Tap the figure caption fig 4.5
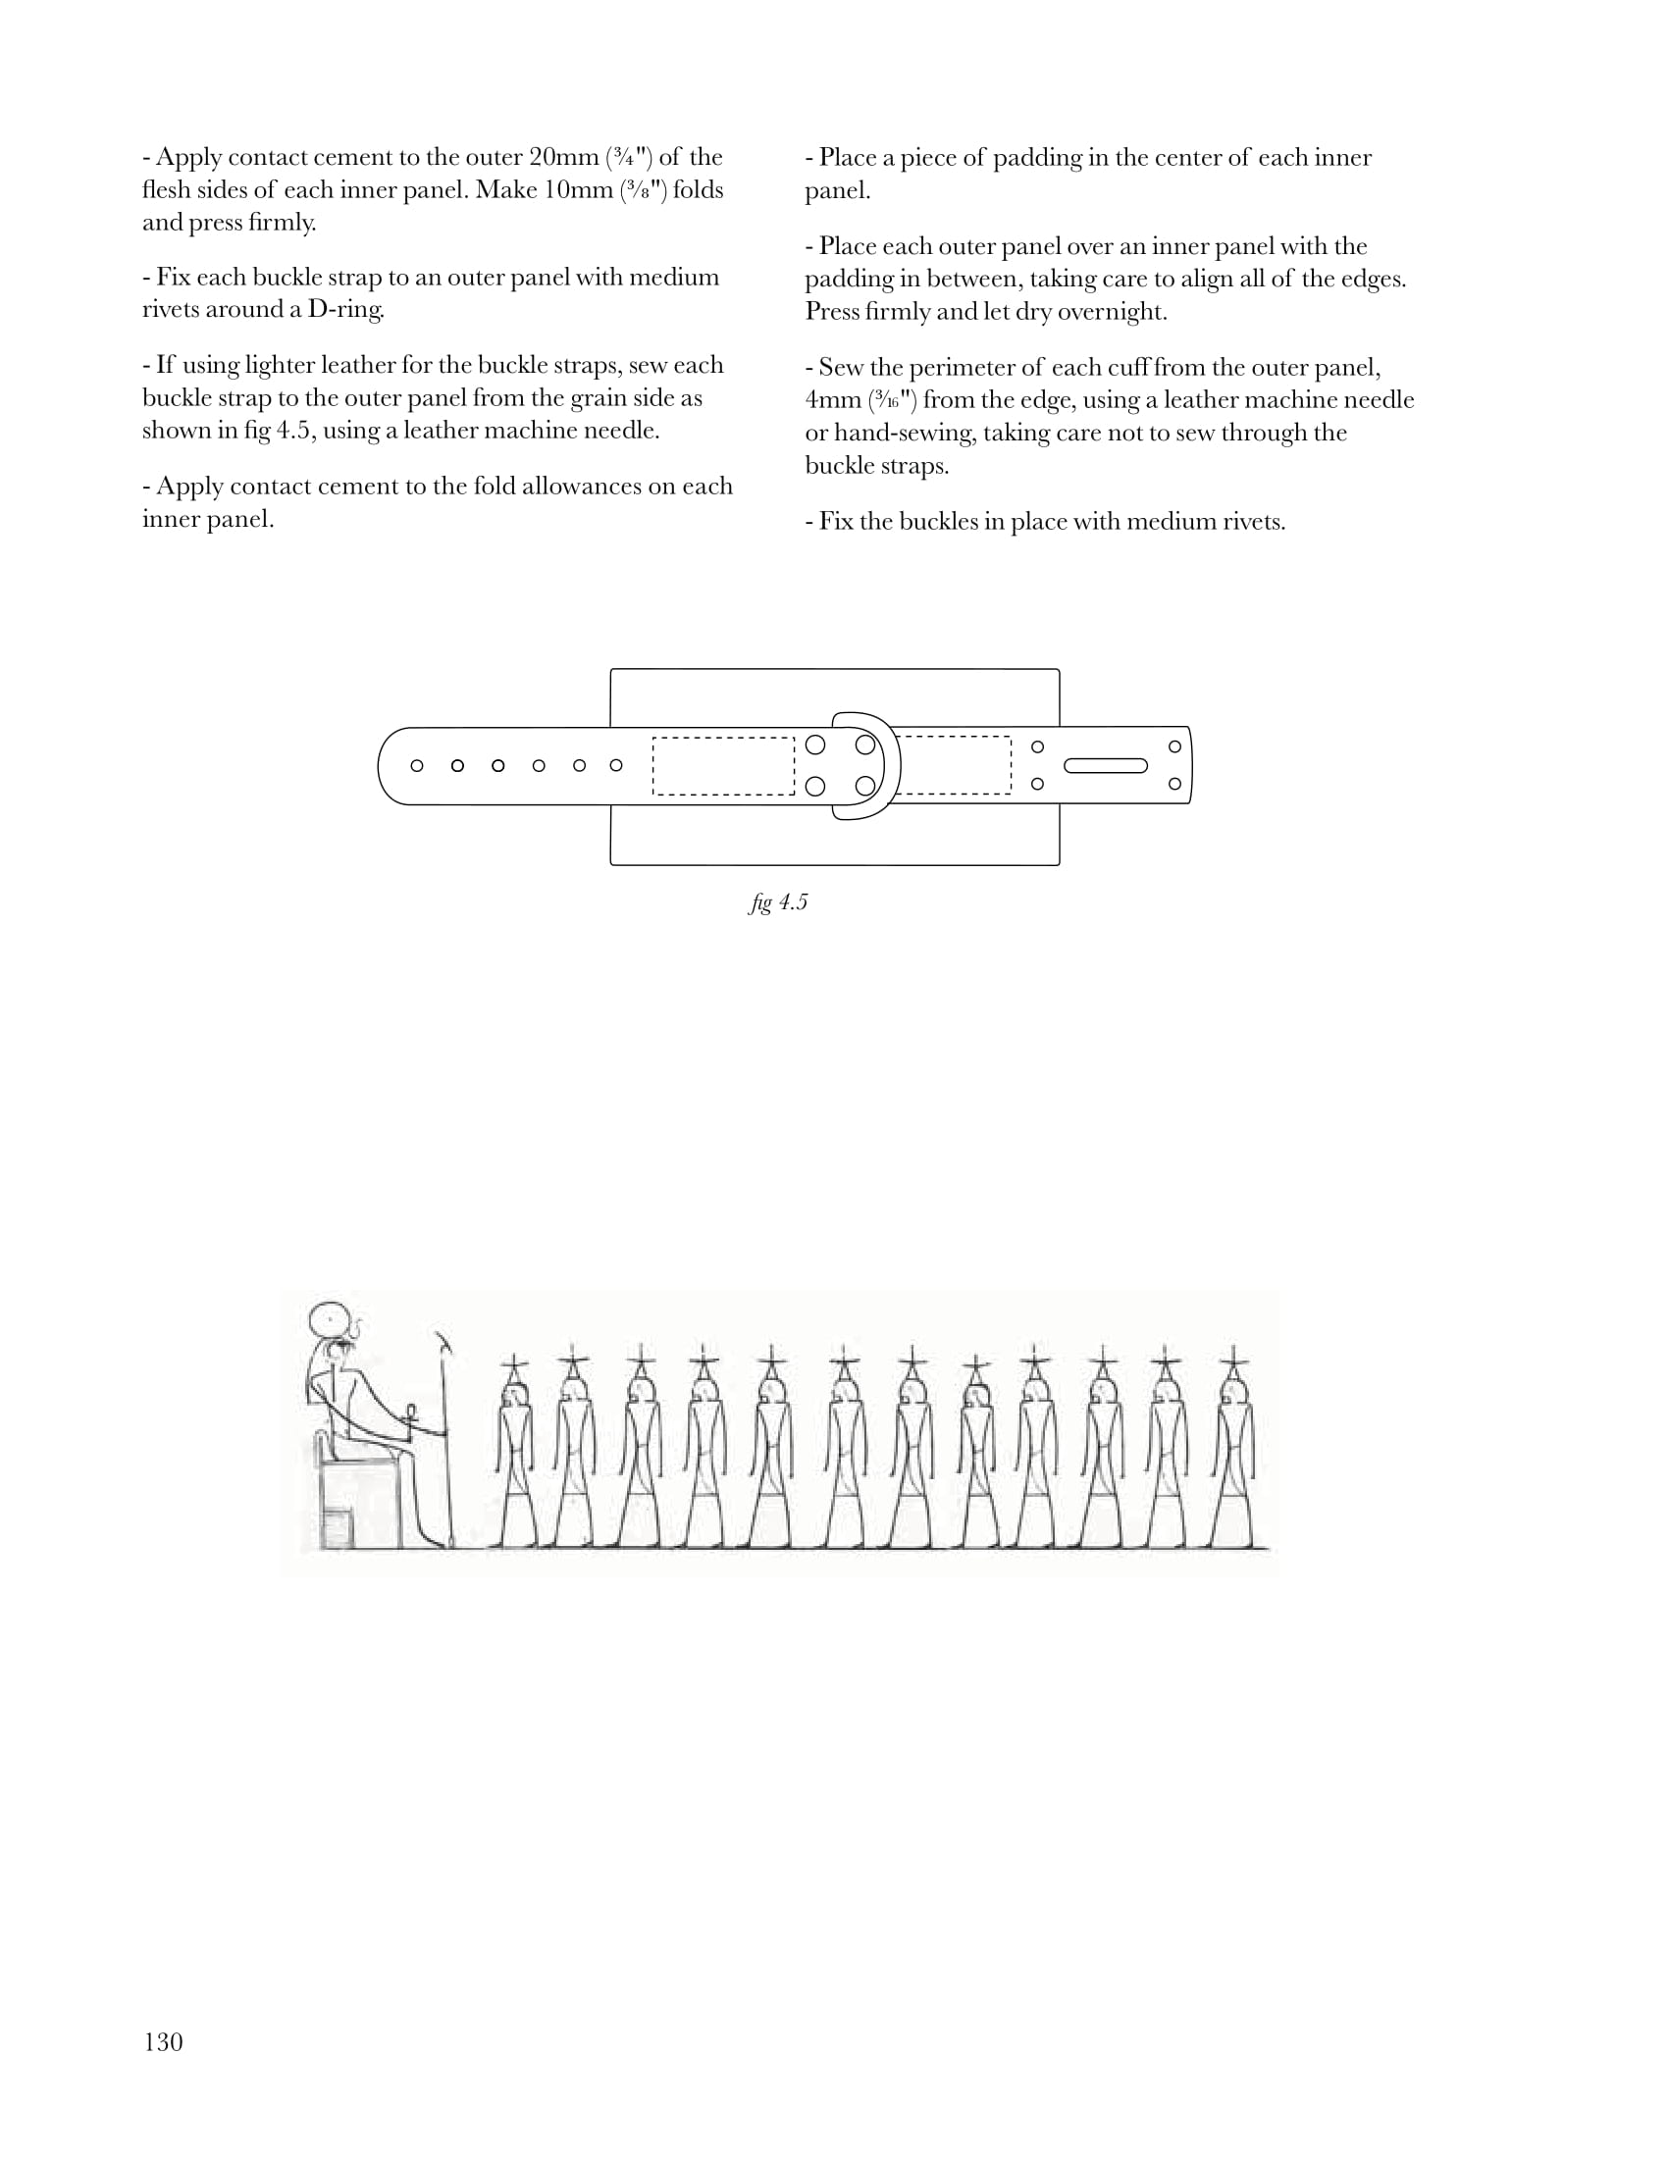[x=779, y=902]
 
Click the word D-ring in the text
[x=345, y=309]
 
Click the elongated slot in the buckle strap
[x=1106, y=766]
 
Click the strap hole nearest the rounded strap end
[x=417, y=766]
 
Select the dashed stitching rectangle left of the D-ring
[x=723, y=766]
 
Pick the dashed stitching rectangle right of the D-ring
[x=954, y=765]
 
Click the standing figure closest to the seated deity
[x=516, y=1453]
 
